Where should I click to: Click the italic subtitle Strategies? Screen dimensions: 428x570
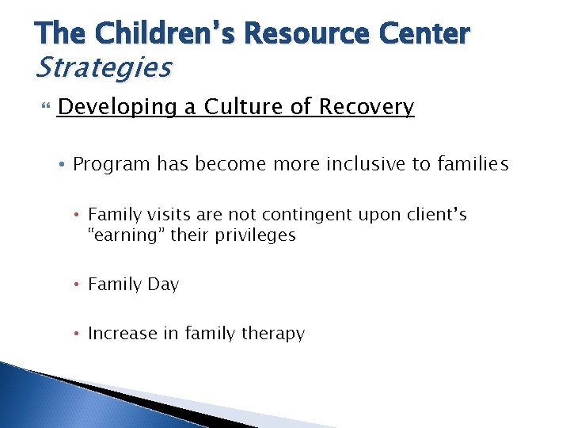103,68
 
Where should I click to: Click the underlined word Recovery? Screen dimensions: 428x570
367,107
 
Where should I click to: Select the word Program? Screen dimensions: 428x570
112,165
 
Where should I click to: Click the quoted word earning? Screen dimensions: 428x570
123,235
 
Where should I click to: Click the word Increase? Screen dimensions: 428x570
122,334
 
